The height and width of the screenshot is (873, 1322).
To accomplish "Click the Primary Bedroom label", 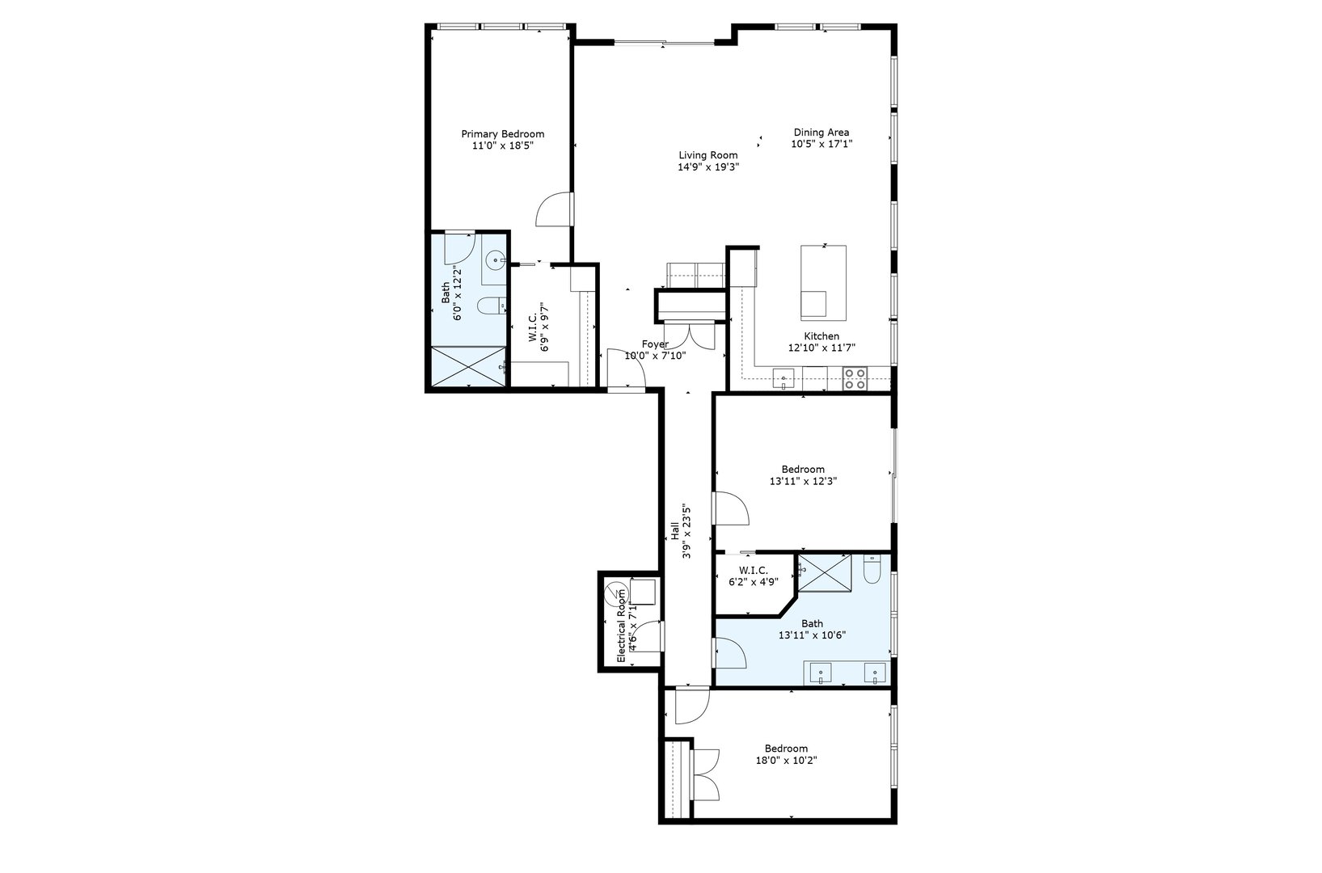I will (x=502, y=134).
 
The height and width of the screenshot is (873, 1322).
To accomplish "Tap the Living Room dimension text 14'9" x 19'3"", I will (x=708, y=167).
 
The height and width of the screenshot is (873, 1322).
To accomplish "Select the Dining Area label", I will (x=821, y=133).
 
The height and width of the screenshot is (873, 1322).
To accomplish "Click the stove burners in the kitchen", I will (x=855, y=378).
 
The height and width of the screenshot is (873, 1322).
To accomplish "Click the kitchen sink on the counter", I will (x=783, y=377).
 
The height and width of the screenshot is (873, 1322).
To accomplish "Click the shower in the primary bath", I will (x=467, y=366).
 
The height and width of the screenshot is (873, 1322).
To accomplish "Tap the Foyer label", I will (x=655, y=344).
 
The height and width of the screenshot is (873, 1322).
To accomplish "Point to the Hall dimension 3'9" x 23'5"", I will (x=687, y=532).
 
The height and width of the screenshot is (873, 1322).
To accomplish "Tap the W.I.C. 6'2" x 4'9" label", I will (x=753, y=575).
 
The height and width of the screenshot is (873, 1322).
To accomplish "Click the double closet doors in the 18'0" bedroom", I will (x=705, y=774).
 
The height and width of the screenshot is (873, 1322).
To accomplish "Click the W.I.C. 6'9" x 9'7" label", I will (x=539, y=323).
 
